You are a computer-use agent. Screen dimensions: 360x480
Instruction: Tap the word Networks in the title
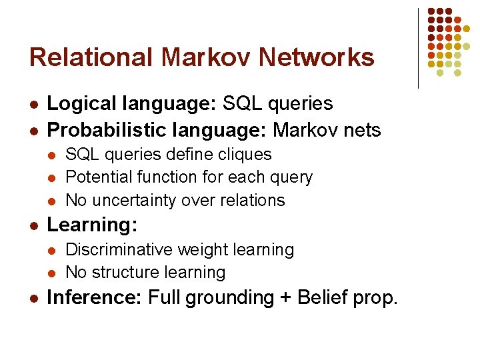[x=317, y=57]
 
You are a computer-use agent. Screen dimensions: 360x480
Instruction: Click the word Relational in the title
[x=91, y=57]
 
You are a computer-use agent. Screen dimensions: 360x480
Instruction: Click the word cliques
[x=247, y=155]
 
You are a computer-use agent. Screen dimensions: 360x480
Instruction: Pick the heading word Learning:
[x=93, y=225]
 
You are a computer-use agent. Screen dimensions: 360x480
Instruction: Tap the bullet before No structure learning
[x=53, y=273]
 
